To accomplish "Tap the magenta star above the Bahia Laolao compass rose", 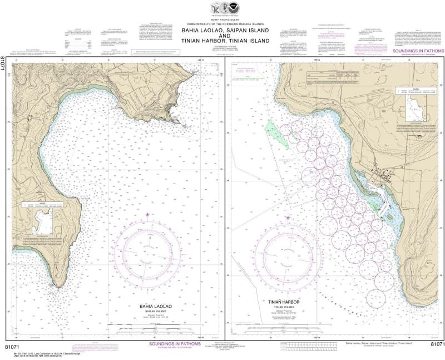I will click(147, 214).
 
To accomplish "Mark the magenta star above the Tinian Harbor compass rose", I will click(288, 218).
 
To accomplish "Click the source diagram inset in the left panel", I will click(42, 219).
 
